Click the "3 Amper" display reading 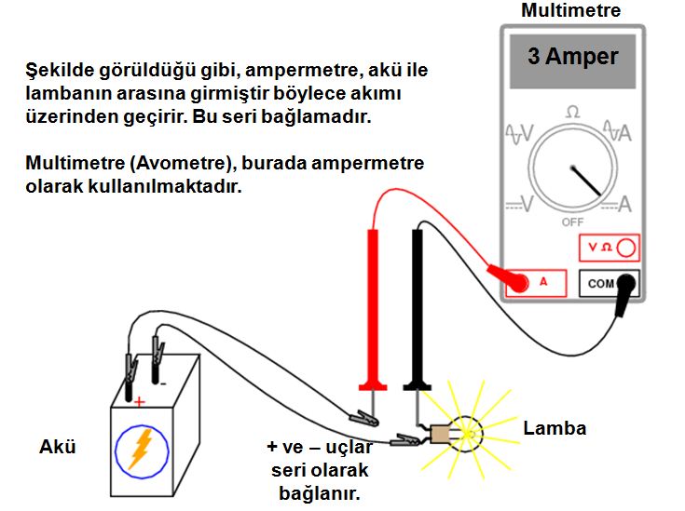point(572,58)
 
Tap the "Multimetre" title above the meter point(570,11)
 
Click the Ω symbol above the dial point(572,112)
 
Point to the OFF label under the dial point(572,222)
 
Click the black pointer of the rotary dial point(583,181)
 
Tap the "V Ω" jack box point(610,248)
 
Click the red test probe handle point(373,307)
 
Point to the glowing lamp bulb point(465,433)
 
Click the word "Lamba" point(555,429)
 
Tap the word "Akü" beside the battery point(57,448)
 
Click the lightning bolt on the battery point(140,448)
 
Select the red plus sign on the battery point(140,402)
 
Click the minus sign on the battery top point(162,383)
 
